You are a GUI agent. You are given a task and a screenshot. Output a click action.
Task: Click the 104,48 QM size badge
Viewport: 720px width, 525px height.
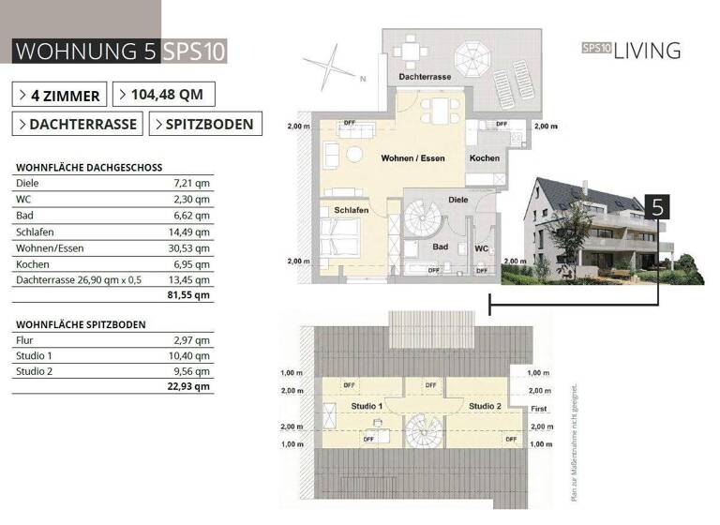[163, 95]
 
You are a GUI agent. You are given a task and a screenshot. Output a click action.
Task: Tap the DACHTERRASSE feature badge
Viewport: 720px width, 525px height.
[77, 124]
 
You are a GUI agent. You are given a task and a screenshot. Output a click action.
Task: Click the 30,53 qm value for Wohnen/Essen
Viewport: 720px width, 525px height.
[191, 247]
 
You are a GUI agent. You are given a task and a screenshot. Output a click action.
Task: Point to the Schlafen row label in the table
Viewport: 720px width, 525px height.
[34, 232]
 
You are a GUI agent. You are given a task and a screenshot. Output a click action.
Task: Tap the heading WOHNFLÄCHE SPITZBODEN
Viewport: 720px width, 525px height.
[81, 324]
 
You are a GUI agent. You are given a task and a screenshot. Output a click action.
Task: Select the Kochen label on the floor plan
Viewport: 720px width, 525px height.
[485, 158]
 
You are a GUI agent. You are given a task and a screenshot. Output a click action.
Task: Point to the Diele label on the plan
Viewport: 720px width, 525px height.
[457, 200]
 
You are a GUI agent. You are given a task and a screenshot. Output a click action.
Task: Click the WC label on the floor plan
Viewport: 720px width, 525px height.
[481, 248]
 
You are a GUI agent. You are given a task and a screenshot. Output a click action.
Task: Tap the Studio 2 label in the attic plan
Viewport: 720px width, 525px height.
[485, 406]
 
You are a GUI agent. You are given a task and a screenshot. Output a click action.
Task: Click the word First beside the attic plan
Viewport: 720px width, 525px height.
[538, 409]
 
